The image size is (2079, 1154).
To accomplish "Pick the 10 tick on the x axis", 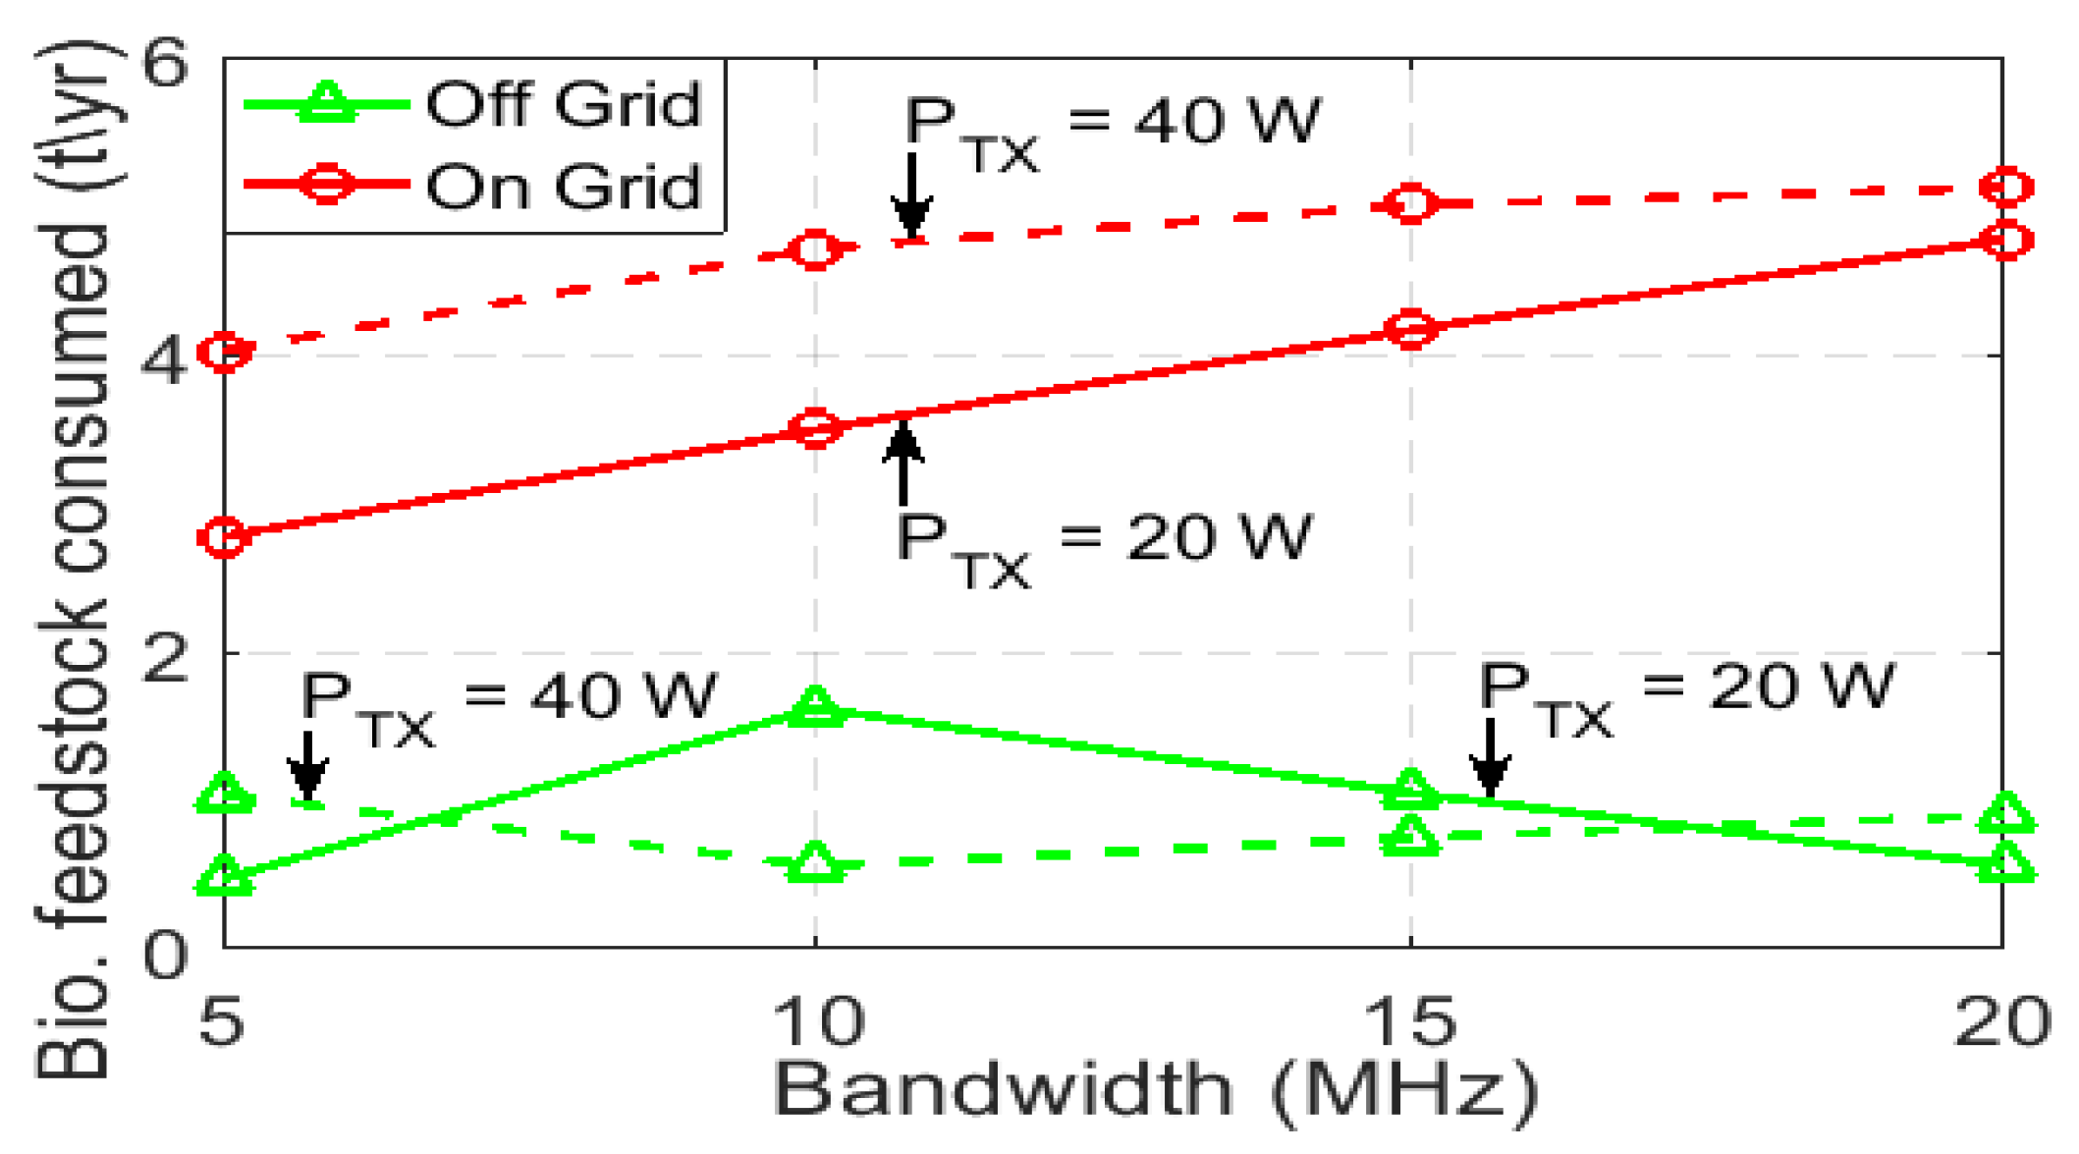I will (817, 1021).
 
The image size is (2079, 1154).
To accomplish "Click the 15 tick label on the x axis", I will (1410, 1021).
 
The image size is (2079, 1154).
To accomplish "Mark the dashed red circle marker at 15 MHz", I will (1411, 203).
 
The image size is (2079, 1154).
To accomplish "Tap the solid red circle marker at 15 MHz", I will (1411, 328).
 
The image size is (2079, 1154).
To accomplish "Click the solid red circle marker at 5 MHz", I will (225, 537).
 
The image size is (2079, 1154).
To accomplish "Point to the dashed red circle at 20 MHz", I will (2005, 187).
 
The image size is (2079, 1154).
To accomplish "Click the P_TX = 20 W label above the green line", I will (1685, 697).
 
